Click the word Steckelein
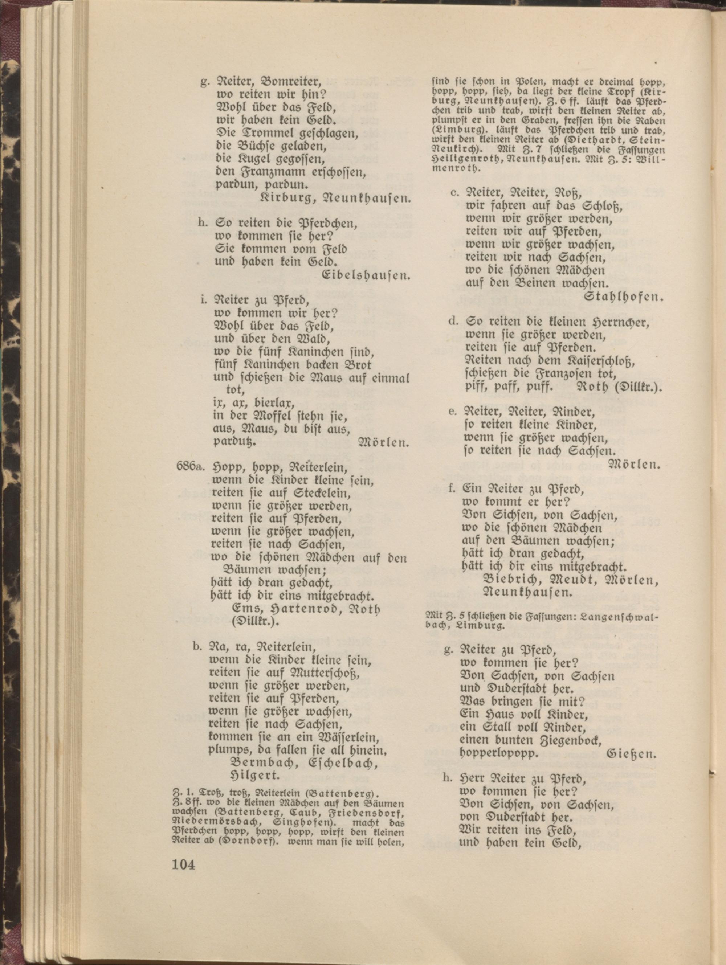coord(315,494)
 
